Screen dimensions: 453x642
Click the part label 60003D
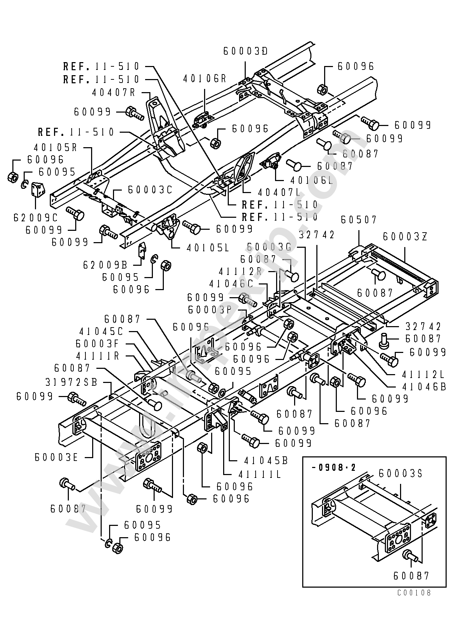(245, 51)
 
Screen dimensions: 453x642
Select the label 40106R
(204, 78)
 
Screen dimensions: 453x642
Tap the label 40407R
(113, 92)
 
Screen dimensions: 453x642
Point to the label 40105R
(55, 147)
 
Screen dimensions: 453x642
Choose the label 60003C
(150, 190)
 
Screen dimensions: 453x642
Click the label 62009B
(105, 264)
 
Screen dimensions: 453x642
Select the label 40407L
(279, 192)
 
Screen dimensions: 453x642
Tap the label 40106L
(311, 180)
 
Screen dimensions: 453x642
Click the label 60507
(359, 220)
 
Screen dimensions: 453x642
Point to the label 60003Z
(405, 236)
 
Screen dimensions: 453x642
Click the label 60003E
(56, 457)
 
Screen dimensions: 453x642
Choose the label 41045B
(266, 460)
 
